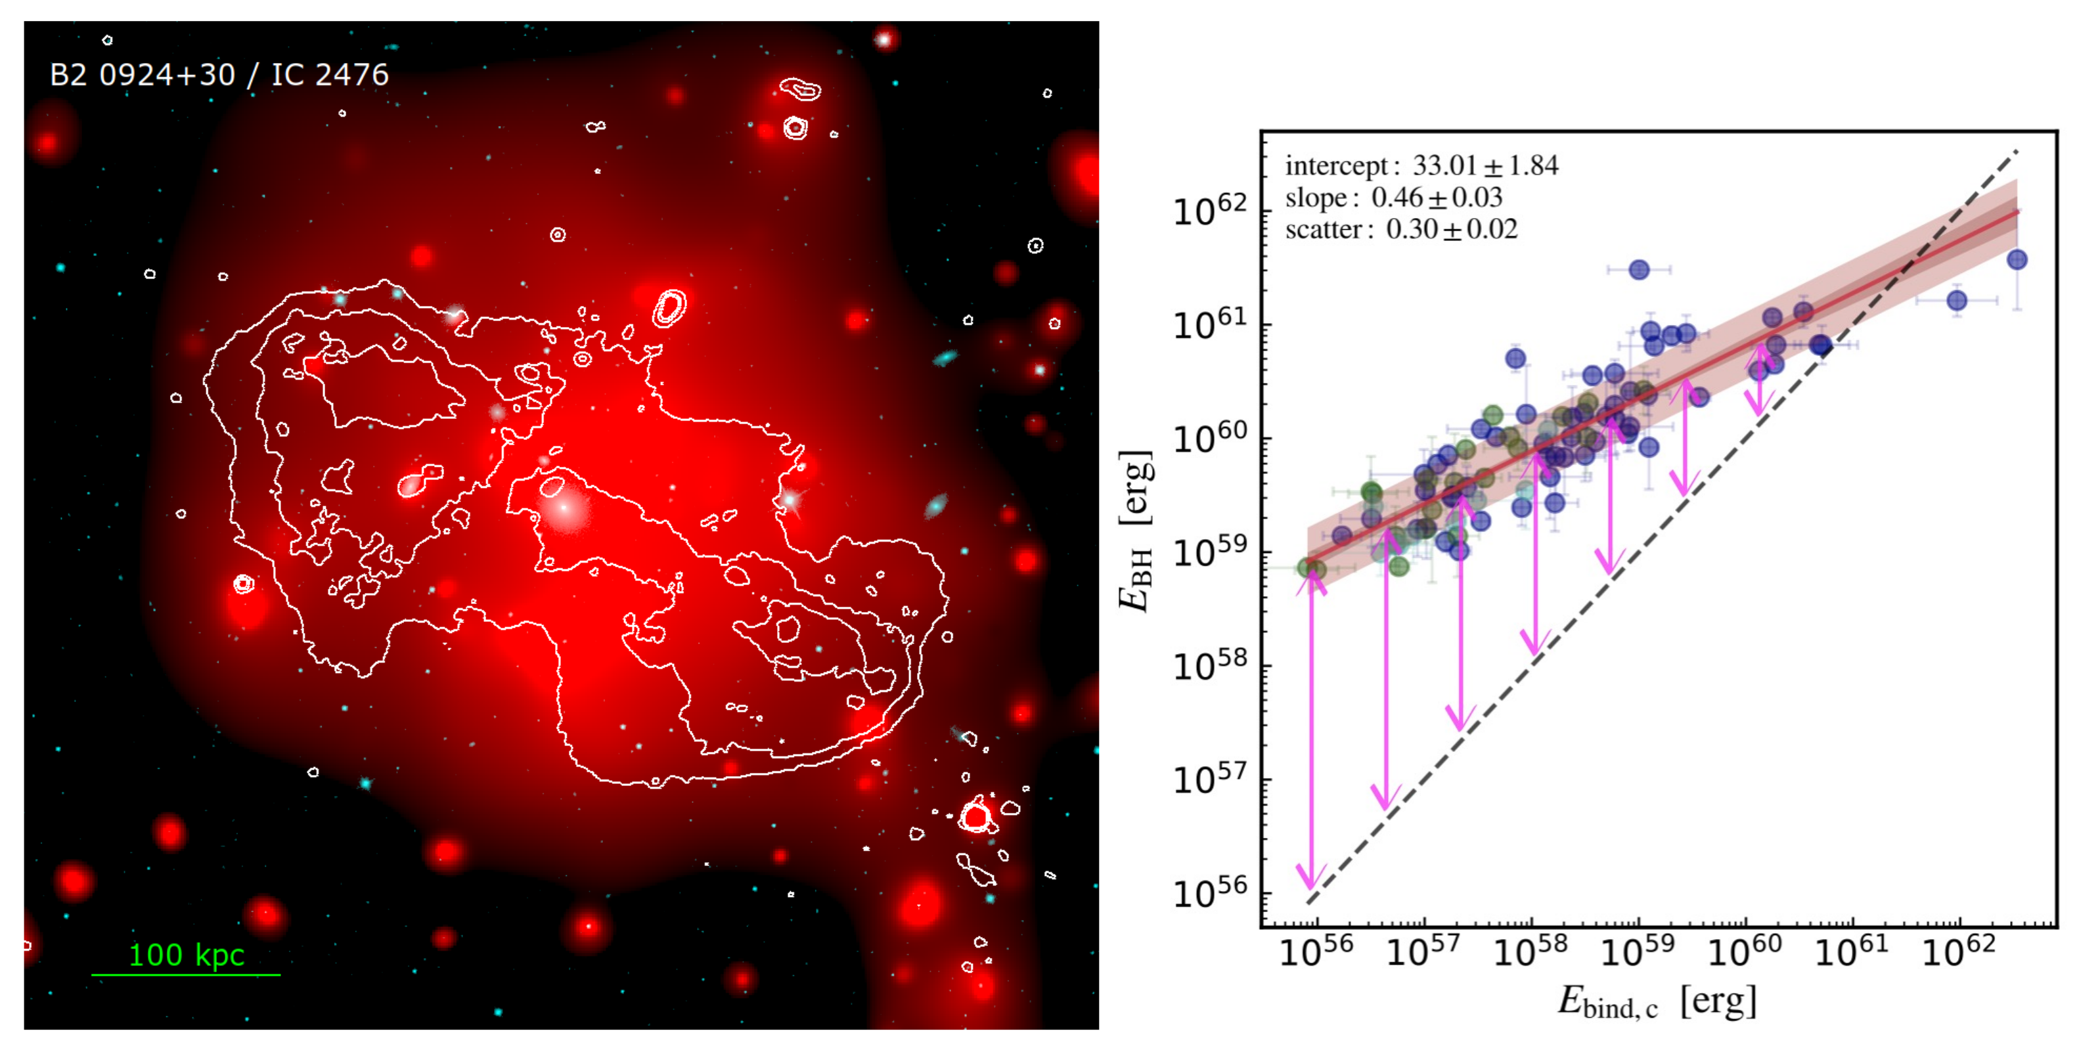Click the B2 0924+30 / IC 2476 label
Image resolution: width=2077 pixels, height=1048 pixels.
(219, 75)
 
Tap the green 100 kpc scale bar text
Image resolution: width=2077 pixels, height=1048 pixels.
(187, 955)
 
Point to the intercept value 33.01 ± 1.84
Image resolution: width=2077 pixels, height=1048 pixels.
(1485, 165)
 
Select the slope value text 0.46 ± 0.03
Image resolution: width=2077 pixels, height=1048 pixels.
(1437, 198)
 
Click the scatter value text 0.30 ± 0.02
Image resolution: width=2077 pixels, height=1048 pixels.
(1451, 229)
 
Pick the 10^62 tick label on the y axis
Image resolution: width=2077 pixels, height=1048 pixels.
(1209, 211)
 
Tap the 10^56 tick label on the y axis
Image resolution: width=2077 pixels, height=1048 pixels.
(1209, 893)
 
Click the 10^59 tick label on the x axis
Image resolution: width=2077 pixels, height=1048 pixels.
(1638, 951)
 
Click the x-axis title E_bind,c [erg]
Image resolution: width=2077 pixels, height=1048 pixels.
(1656, 1002)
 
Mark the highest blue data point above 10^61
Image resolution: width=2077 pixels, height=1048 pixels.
(1638, 269)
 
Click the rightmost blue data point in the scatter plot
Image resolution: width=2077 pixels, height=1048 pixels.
(2017, 259)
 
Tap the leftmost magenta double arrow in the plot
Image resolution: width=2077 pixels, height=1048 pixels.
(1311, 737)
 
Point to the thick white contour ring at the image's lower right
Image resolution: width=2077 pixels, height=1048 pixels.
(975, 817)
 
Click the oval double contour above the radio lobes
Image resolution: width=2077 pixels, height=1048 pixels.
(669, 307)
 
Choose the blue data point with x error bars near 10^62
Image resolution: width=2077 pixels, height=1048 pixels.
(1957, 301)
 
